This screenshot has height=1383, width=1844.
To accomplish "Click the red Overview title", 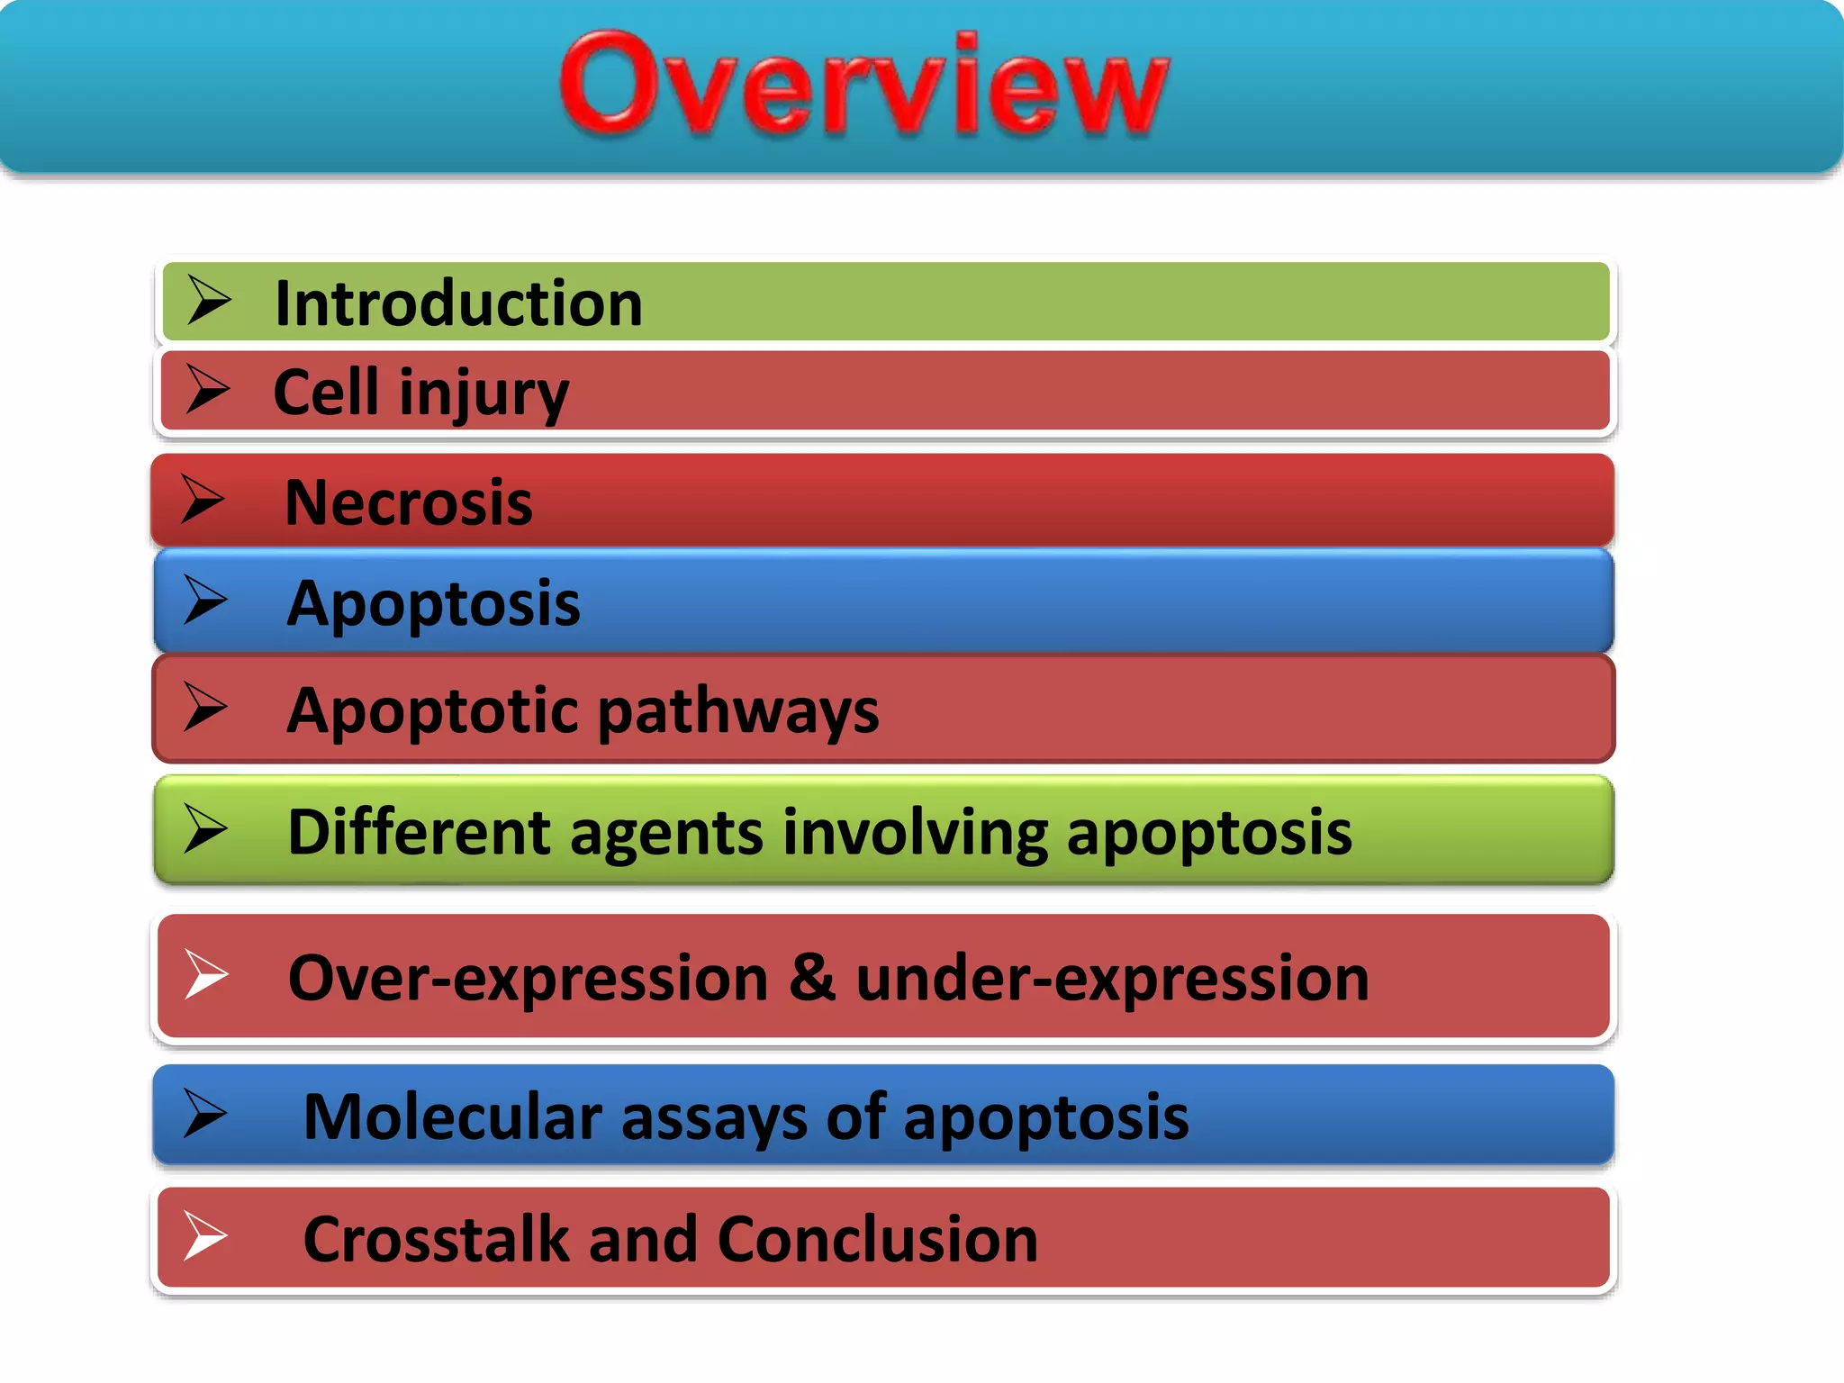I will [x=863, y=86].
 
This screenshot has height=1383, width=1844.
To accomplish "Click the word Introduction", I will [x=458, y=303].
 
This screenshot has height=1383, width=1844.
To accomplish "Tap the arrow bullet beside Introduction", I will [x=209, y=300].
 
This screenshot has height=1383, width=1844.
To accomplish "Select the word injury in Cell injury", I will [x=484, y=393].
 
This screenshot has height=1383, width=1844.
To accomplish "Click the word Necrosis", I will [x=408, y=502].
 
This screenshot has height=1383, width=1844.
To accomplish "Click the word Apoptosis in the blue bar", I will [x=433, y=603].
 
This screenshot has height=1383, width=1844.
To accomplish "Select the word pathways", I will [x=737, y=711].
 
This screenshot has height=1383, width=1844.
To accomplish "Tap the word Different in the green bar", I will [x=419, y=832].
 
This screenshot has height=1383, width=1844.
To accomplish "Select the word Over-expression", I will [x=528, y=979].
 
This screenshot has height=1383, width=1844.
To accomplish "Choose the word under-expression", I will [x=1112, y=979].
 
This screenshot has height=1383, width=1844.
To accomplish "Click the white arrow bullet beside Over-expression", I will [x=206, y=974].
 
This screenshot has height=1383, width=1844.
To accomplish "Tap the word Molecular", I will [x=452, y=1117].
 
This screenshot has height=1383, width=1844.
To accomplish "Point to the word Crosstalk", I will [x=436, y=1240].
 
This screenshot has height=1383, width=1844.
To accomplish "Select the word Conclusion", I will [x=878, y=1240].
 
